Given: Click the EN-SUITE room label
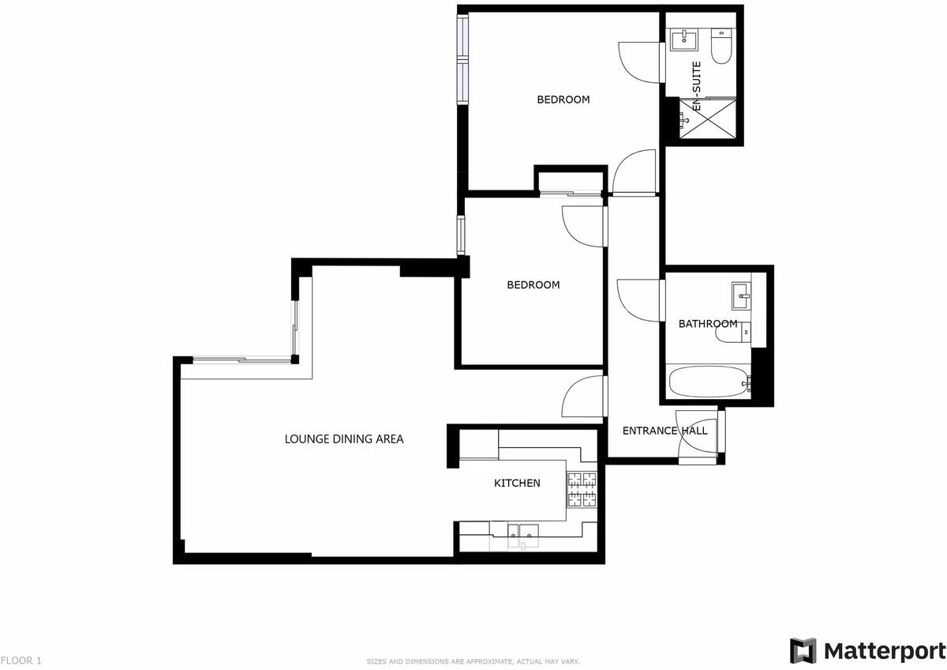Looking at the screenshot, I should pyautogui.click(x=696, y=87).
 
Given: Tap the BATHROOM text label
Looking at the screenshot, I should pyautogui.click(x=708, y=324).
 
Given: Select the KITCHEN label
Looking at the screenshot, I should pyautogui.click(x=517, y=483).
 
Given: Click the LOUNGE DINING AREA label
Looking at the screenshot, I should pyautogui.click(x=344, y=439).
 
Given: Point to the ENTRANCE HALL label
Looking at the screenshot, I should pyautogui.click(x=664, y=431).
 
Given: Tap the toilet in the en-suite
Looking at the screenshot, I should pyautogui.click(x=720, y=47).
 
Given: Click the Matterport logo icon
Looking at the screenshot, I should pyautogui.click(x=803, y=650).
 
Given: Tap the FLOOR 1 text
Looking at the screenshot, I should pyautogui.click(x=21, y=660).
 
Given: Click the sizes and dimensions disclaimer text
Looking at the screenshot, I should pyautogui.click(x=473, y=661).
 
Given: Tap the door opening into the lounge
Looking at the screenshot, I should pyautogui.click(x=584, y=397).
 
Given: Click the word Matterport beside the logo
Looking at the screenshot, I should pyautogui.click(x=884, y=650).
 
